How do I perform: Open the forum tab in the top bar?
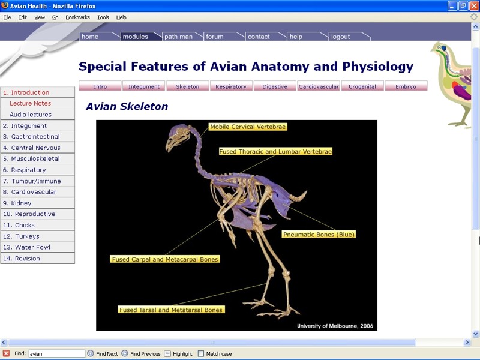tap(224, 37)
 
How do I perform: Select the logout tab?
tap(349, 37)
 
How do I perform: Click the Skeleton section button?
tap(188, 86)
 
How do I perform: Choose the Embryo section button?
tap(406, 86)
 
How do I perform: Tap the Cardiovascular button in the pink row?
tap(319, 86)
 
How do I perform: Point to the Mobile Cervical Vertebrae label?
tap(248, 127)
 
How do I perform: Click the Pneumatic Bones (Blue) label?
tap(319, 235)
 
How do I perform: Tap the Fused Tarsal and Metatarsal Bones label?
tap(171, 310)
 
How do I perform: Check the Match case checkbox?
tap(201, 353)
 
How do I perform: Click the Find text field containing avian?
tap(56, 353)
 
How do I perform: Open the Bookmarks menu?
tap(78, 17)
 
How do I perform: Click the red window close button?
tap(473, 6)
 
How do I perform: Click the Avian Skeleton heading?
tap(127, 106)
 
